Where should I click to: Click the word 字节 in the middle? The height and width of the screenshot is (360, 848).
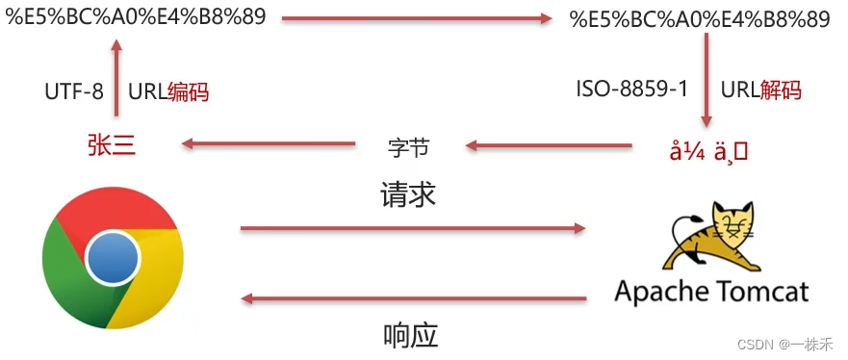[407, 148]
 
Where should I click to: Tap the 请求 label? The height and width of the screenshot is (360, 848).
[408, 196]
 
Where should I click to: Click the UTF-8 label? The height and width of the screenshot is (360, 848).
[74, 92]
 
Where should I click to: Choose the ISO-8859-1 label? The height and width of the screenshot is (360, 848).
[631, 90]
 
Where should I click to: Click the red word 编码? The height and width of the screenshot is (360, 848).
[188, 92]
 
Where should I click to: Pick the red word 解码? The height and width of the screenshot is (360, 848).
[781, 90]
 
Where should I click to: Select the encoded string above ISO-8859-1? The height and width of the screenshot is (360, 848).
[700, 18]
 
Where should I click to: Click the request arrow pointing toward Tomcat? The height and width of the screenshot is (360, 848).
[413, 228]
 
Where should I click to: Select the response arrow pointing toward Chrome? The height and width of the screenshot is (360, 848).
[413, 299]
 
